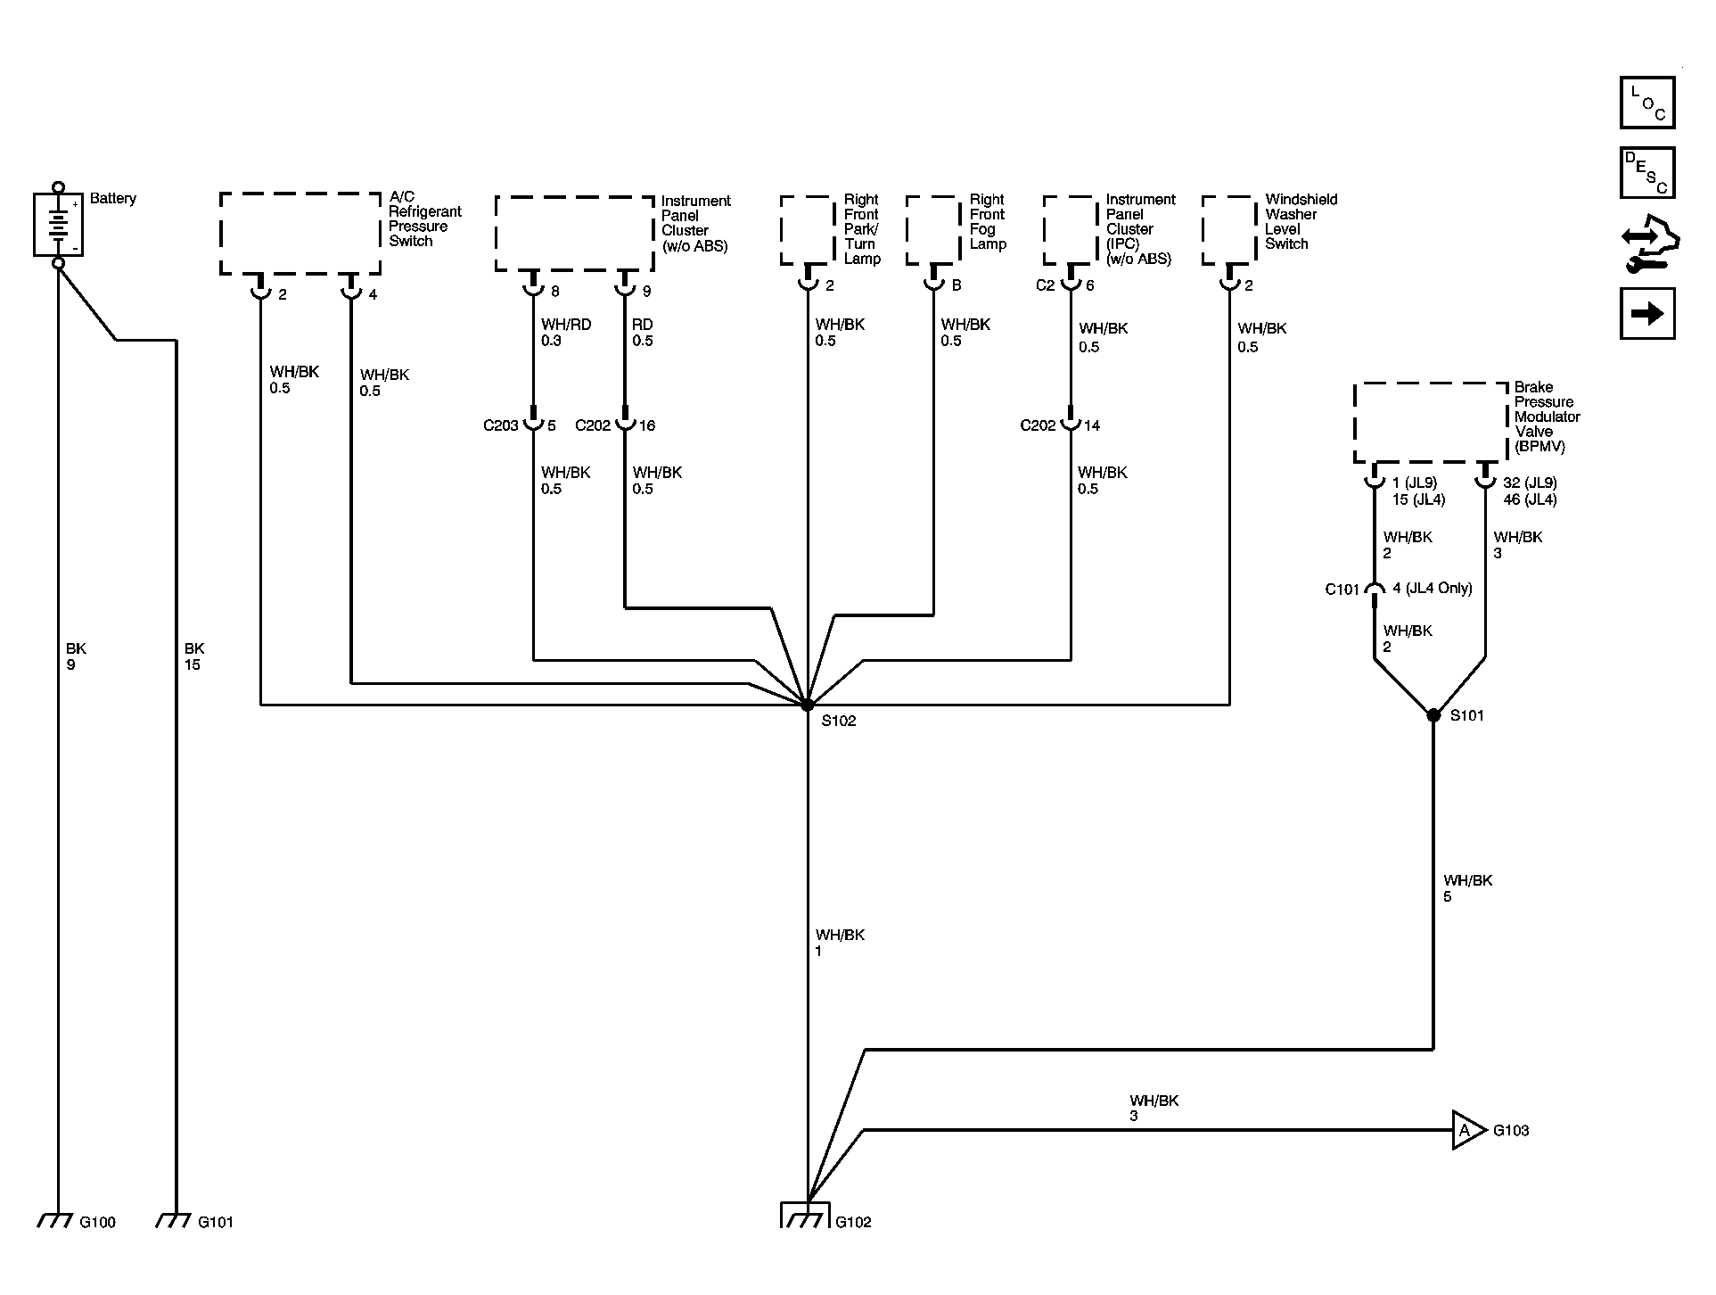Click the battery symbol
(58, 225)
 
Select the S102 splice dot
(807, 705)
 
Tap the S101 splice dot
(1433, 715)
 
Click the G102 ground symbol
(807, 1215)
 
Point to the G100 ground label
(97, 1222)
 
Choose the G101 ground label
(216, 1222)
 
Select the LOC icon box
(1647, 103)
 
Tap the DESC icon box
(1647, 173)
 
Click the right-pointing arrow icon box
(1647, 313)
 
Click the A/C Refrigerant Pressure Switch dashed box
(300, 234)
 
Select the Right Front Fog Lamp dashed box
(933, 230)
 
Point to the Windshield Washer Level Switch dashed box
(1229, 230)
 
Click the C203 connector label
(501, 425)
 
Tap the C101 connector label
(1342, 590)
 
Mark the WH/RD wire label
(566, 325)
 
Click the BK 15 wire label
(193, 656)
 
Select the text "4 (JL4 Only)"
(1433, 589)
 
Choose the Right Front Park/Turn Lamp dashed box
(808, 230)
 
